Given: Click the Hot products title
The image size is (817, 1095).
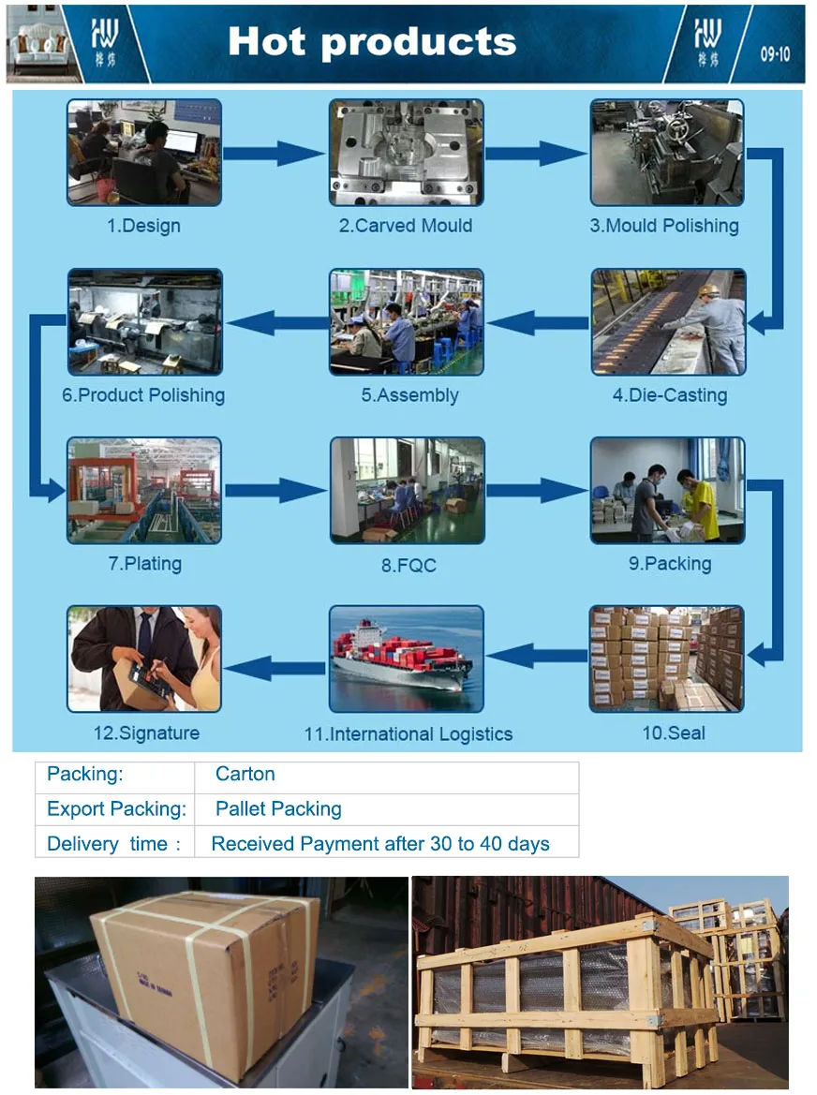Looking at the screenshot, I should tap(372, 42).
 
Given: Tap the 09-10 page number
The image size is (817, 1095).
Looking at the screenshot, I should tap(774, 54).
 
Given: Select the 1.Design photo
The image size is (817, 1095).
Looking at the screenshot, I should tap(144, 153).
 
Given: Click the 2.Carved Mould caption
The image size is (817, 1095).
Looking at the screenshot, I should tap(406, 226).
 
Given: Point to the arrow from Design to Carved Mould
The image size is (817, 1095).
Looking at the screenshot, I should tap(274, 153).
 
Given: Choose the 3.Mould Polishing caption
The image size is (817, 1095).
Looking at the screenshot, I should tap(664, 226).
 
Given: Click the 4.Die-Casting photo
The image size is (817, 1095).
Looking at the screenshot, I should tap(668, 322).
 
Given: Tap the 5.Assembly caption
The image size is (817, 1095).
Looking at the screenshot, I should tap(410, 395).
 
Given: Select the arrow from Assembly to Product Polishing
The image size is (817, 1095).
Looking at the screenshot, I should tap(275, 323).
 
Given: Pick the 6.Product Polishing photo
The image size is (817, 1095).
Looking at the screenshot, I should tap(144, 322).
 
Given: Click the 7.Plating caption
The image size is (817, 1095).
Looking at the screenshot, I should tap(144, 564).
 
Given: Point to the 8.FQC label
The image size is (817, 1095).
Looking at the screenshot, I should tap(408, 566).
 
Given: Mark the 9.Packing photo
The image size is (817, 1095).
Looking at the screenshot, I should tap(668, 491).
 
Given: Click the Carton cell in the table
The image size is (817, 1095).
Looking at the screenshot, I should tap(245, 775).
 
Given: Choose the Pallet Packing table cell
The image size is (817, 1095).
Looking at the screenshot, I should tap(278, 809).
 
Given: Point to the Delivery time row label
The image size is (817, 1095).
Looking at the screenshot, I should tap(113, 844).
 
